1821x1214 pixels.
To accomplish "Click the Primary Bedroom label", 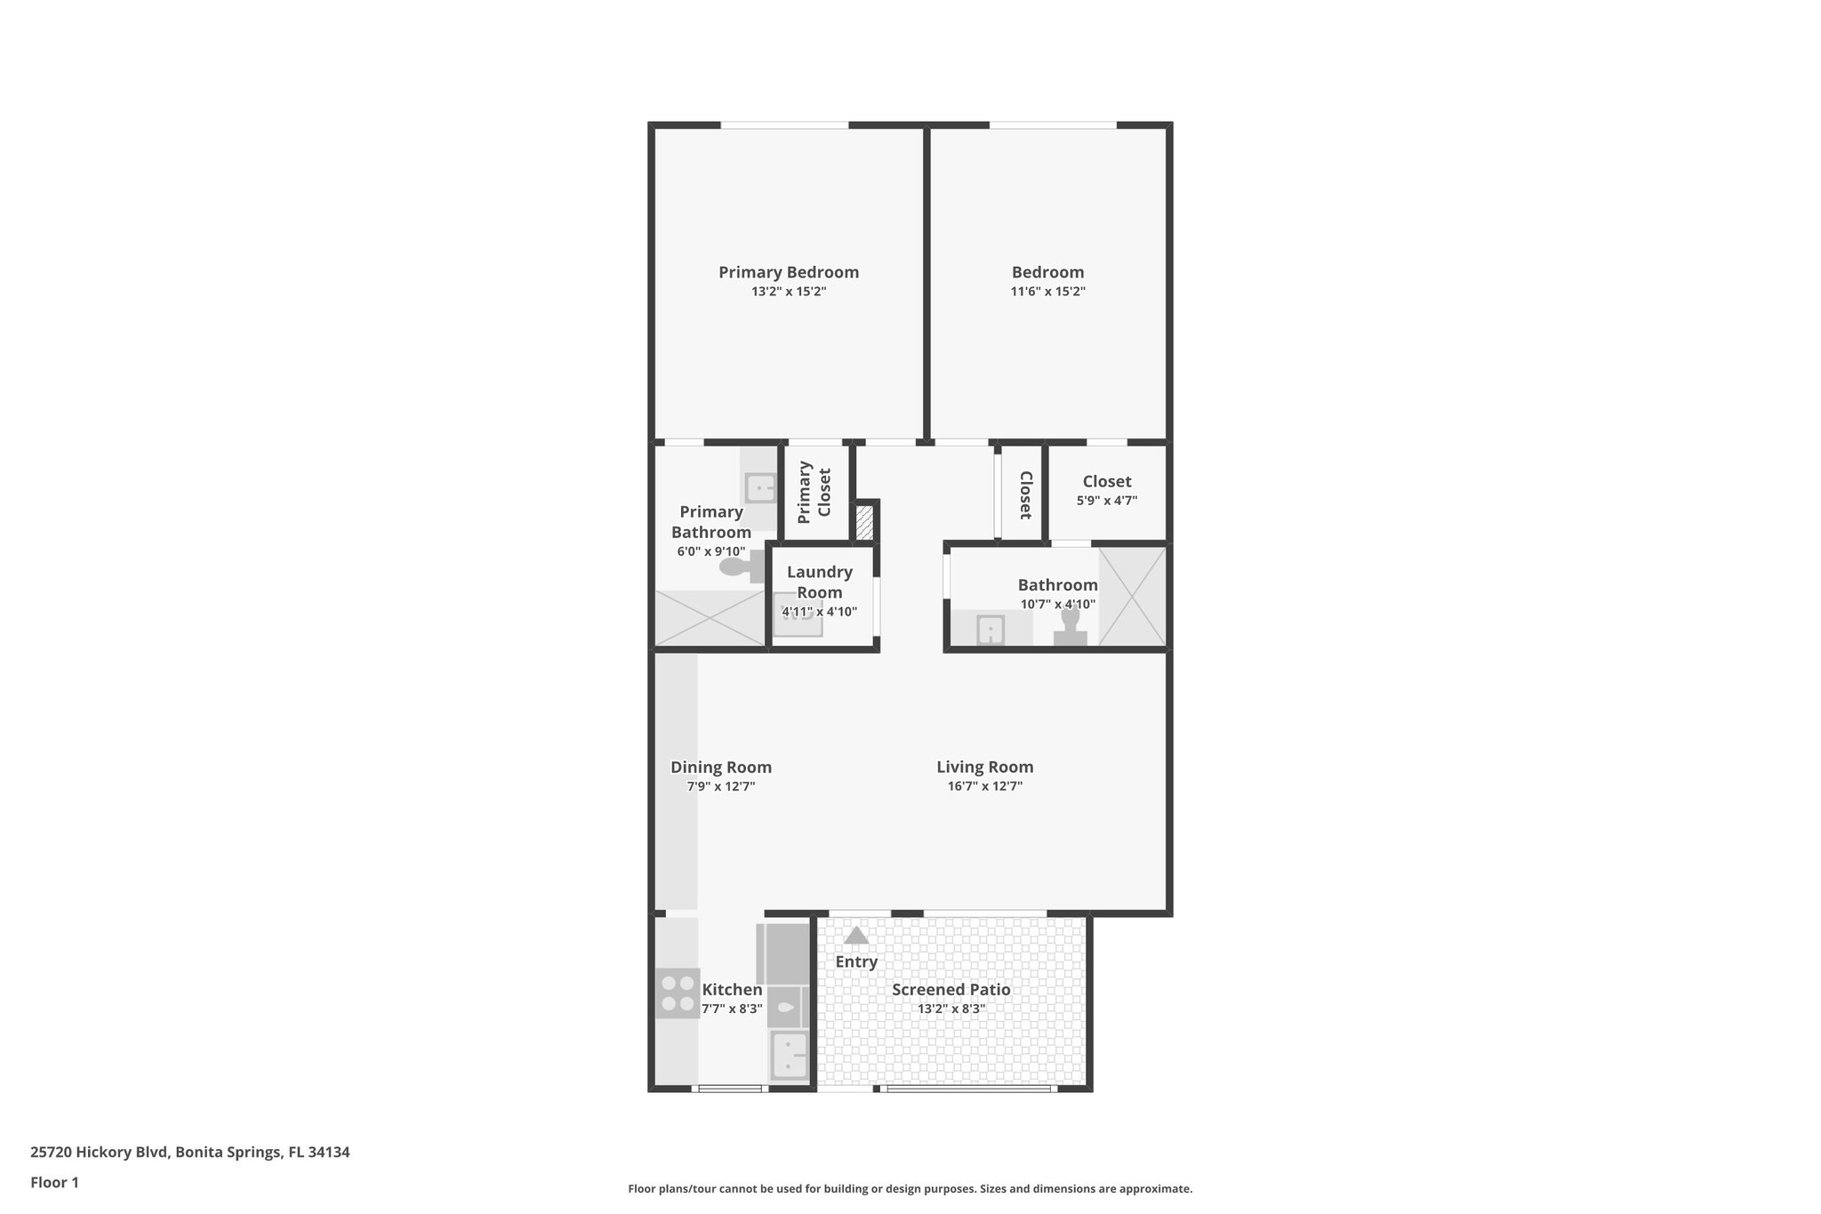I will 789,272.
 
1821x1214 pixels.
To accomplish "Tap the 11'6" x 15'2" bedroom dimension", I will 1047,292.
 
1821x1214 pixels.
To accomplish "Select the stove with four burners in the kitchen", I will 677,993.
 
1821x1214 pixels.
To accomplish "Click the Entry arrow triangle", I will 856,936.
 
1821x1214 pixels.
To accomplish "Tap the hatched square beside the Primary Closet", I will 863,522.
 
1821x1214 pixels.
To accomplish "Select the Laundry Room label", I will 819,583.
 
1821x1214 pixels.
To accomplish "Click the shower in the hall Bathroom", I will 1132,597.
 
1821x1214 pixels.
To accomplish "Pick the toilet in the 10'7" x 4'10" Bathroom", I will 1070,624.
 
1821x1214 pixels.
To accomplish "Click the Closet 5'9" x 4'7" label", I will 1107,482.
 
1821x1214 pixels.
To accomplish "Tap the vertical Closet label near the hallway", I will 1024,494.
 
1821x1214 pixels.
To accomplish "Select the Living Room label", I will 984,767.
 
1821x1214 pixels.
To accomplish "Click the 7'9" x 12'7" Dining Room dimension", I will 721,786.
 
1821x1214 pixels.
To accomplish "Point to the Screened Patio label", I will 951,990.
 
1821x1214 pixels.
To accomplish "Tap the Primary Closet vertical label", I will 814,492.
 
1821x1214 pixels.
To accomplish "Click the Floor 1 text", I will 54,1183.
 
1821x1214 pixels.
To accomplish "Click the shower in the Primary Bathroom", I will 710,618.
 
